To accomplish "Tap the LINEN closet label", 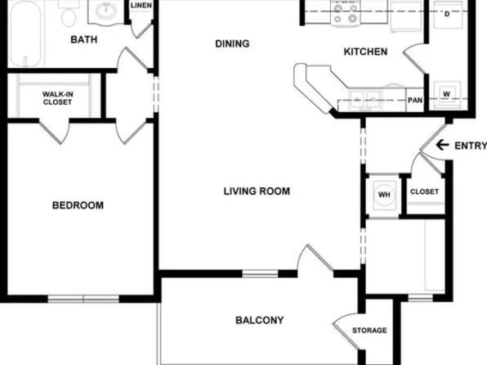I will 141,6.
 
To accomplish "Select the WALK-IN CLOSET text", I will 57,98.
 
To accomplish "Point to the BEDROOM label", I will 78,205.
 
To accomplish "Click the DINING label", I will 232,43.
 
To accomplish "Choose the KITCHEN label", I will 364,52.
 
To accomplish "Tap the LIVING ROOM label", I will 257,192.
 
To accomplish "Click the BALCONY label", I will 259,320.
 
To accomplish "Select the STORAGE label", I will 369,331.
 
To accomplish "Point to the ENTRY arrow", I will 442,146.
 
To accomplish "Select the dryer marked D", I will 447,14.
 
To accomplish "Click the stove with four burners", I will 342,12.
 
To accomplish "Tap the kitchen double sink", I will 364,99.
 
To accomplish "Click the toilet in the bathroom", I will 69,16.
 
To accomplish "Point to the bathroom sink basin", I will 105,11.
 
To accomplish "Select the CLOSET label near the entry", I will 424,192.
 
